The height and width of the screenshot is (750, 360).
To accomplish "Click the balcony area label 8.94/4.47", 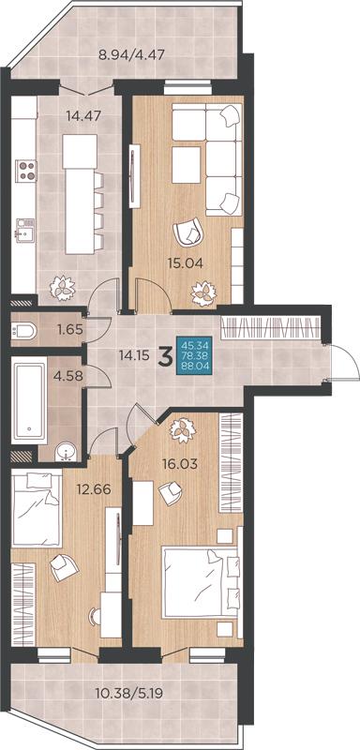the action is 131,54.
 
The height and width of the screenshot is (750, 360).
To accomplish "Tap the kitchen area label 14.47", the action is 84,115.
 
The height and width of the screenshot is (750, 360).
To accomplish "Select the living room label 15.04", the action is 186,262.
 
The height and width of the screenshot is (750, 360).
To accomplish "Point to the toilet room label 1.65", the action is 70,330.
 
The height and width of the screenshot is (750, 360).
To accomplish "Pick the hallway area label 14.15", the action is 134,355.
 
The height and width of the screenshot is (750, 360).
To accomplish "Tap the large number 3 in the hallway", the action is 165,356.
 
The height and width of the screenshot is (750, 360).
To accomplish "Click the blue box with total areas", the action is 192,354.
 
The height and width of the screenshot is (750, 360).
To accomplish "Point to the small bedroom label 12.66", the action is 94,489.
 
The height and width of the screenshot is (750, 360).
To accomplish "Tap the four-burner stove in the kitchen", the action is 26,171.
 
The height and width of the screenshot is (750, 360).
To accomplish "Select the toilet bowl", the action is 23,330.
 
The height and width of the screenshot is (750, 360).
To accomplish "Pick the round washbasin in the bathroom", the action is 65,452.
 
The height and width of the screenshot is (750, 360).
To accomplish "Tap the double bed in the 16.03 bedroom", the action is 201,582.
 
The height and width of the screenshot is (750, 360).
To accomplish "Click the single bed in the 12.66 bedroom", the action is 37,509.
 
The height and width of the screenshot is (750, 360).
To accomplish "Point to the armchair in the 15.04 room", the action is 188,232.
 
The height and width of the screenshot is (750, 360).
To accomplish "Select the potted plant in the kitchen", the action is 63,289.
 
